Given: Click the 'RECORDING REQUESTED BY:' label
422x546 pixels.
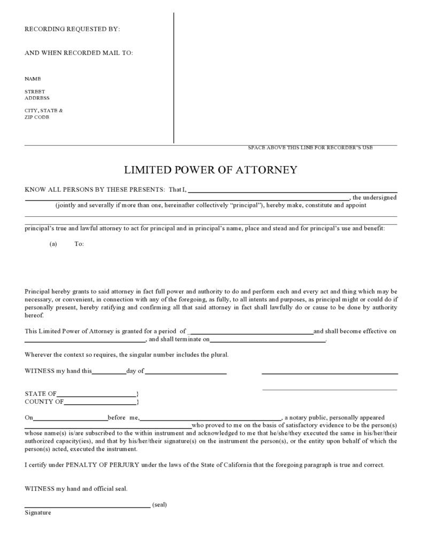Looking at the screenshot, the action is pyautogui.click(x=72, y=29).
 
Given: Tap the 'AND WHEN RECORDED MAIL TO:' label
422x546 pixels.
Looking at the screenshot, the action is pyautogui.click(x=79, y=53).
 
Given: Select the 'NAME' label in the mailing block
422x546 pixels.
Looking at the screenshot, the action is pyautogui.click(x=33, y=79).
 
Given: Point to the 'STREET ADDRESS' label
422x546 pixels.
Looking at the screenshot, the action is pyautogui.click(x=37, y=95).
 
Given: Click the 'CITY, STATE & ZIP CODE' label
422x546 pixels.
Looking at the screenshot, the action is pyautogui.click(x=43, y=114).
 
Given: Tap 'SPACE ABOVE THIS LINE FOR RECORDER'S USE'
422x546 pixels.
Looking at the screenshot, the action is pyautogui.click(x=310, y=147).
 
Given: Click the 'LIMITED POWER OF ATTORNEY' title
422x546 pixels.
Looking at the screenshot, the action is pyautogui.click(x=210, y=170).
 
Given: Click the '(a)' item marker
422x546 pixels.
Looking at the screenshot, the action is pyautogui.click(x=53, y=244).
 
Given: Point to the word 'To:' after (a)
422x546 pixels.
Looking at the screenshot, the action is pyautogui.click(x=79, y=244).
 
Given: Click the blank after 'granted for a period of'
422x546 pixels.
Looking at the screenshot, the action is pyautogui.click(x=252, y=332).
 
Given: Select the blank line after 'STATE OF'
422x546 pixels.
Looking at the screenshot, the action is pyautogui.click(x=96, y=394).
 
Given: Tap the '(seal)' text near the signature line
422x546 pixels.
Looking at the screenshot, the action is pyautogui.click(x=159, y=504).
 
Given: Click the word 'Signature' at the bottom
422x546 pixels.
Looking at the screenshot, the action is pyautogui.click(x=38, y=513).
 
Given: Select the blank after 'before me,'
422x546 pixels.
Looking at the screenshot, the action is pyautogui.click(x=210, y=418).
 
